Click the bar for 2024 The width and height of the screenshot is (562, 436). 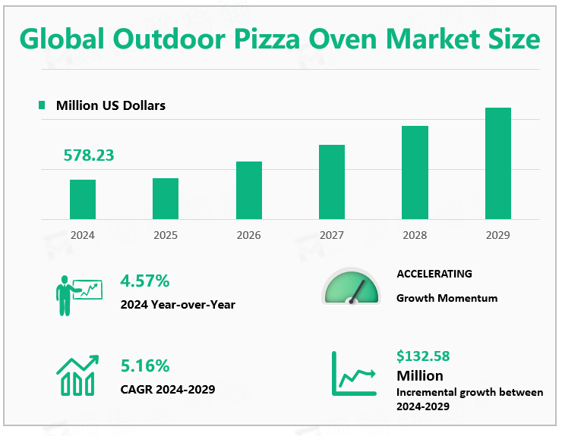(83, 199)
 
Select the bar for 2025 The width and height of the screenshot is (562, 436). (166, 199)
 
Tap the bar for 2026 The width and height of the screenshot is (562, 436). (249, 190)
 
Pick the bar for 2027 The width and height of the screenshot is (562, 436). (332, 182)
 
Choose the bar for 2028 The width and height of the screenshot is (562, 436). (415, 172)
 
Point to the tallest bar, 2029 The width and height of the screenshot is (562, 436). (498, 163)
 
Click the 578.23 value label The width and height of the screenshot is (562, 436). (89, 155)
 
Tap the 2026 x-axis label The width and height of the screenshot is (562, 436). (248, 235)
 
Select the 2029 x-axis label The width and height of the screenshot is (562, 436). (497, 235)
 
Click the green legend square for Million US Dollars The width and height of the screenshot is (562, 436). (42, 105)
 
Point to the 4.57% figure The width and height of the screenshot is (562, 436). (144, 281)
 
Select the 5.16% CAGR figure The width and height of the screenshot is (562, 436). (144, 366)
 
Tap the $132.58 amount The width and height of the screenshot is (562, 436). (423, 356)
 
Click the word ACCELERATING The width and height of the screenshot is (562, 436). (434, 274)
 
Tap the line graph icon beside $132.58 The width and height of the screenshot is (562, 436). (355, 375)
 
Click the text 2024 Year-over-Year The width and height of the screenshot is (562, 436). (178, 305)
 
